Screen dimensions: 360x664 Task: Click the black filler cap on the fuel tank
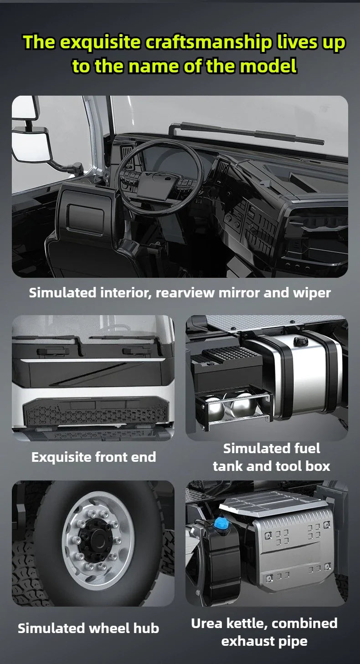point(301,341)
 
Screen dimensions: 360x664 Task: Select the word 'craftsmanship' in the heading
point(208,42)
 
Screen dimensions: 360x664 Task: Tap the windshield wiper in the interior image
point(246,133)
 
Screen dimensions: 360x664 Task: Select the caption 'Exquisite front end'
point(94,457)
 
